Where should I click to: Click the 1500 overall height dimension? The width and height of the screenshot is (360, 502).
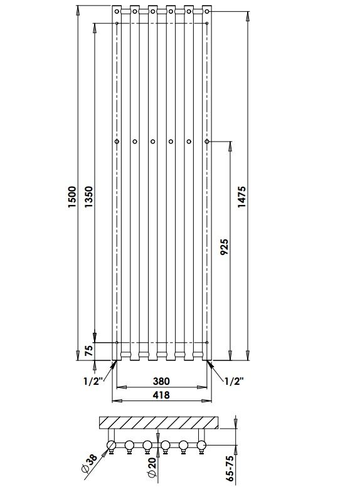click(71, 197)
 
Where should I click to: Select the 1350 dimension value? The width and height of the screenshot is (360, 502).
click(88, 197)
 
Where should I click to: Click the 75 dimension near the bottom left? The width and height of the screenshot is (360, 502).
click(88, 351)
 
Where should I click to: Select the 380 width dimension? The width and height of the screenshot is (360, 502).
click(161, 381)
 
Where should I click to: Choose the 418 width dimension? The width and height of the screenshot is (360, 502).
click(161, 395)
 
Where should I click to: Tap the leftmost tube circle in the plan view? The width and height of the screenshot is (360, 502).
click(112, 446)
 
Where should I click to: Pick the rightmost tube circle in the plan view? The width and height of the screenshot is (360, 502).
click(202, 446)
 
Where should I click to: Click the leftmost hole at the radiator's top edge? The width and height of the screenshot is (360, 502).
click(117, 10)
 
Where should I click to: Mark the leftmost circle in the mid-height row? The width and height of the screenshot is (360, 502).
click(117, 142)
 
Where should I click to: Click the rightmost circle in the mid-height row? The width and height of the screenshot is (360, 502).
click(207, 142)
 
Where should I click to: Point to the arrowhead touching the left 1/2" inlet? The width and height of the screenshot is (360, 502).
click(112, 363)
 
